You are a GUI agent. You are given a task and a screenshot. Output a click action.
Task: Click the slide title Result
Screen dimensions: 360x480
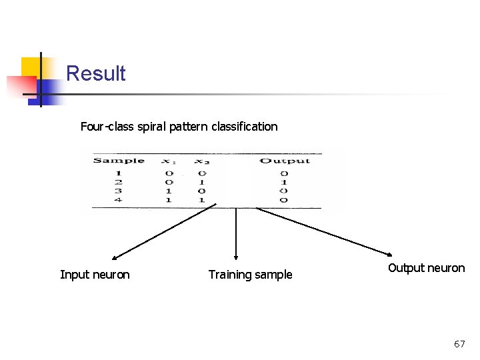(x=96, y=73)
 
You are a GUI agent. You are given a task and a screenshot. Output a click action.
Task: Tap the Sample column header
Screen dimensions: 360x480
(x=119, y=161)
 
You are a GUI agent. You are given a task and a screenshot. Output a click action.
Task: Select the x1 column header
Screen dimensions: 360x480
(x=169, y=161)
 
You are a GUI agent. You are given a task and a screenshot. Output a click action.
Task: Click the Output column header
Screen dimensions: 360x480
(x=285, y=161)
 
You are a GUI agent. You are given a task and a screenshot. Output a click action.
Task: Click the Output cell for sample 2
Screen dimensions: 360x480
(x=284, y=182)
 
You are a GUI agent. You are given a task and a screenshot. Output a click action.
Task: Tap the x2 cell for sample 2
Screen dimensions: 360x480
(x=201, y=182)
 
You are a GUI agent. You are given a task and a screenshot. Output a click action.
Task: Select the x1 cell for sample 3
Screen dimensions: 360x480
(x=169, y=191)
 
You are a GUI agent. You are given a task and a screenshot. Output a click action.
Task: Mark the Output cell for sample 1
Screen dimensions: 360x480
(x=284, y=173)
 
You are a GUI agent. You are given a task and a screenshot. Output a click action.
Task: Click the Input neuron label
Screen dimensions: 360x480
(x=95, y=275)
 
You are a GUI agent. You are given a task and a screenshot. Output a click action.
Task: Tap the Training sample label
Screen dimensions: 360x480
(x=250, y=275)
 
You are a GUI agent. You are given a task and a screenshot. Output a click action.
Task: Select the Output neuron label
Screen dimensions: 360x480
(x=426, y=268)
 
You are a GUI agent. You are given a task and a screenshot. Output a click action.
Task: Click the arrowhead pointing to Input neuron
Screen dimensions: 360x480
(x=115, y=257)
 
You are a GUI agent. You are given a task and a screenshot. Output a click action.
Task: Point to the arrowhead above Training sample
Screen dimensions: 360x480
(x=235, y=255)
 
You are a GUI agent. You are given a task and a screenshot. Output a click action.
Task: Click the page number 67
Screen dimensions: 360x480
(x=459, y=344)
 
